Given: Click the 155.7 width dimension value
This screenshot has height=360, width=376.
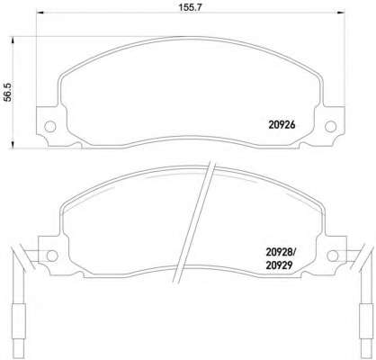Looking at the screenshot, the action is (191, 7).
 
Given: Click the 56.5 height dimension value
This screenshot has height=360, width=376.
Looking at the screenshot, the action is (8, 93).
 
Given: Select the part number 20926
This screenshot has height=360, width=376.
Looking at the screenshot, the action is (282, 125).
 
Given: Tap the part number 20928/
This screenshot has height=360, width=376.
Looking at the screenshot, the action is (281, 253).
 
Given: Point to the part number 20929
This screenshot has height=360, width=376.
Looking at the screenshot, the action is (279, 265).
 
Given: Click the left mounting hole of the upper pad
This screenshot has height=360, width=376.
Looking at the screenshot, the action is (50, 126).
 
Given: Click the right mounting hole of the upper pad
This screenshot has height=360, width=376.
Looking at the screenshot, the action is (331, 126).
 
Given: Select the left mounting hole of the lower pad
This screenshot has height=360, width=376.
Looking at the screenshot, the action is (52, 256).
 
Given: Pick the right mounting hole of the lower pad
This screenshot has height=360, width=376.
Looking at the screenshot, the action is (333, 256).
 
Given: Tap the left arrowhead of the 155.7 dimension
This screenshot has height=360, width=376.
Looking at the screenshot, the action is (40, 13).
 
